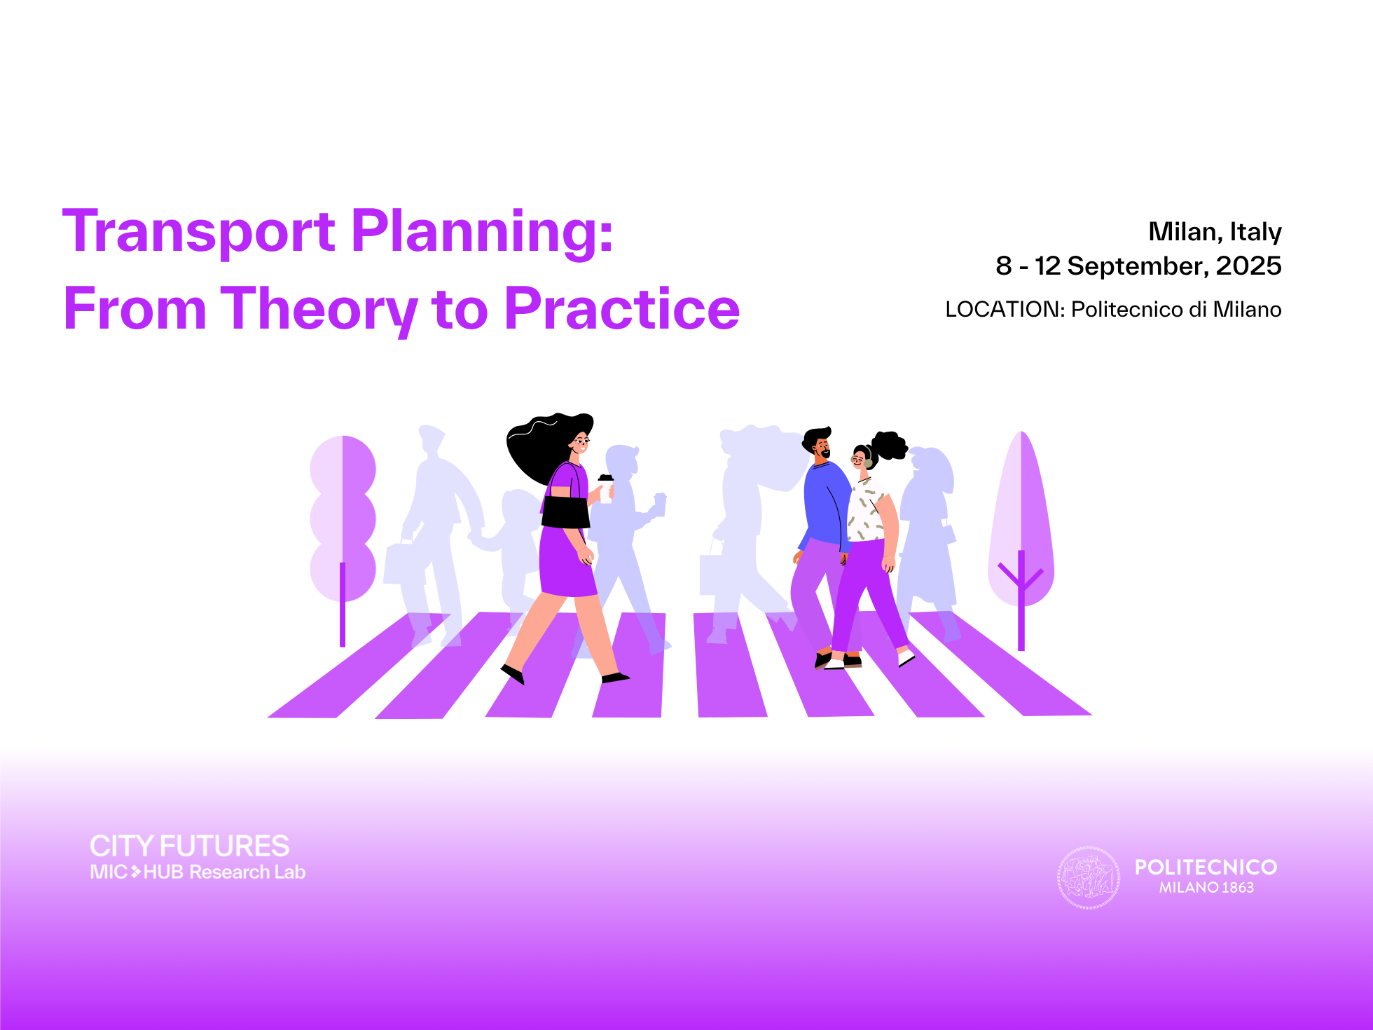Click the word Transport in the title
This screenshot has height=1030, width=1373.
(x=199, y=231)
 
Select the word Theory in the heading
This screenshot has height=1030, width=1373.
(x=319, y=310)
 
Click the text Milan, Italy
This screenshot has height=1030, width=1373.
(x=1215, y=232)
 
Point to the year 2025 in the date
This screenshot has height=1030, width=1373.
(x=1248, y=266)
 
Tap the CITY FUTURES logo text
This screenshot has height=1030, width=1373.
(x=189, y=846)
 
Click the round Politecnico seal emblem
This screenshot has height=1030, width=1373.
(x=1088, y=877)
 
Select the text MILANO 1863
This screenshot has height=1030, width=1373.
(x=1206, y=888)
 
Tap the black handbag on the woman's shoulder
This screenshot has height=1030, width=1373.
(x=565, y=511)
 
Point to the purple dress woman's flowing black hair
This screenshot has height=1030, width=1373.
(x=543, y=445)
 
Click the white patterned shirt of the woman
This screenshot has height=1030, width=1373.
(x=867, y=510)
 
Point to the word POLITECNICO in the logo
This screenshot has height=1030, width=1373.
(x=1206, y=867)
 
